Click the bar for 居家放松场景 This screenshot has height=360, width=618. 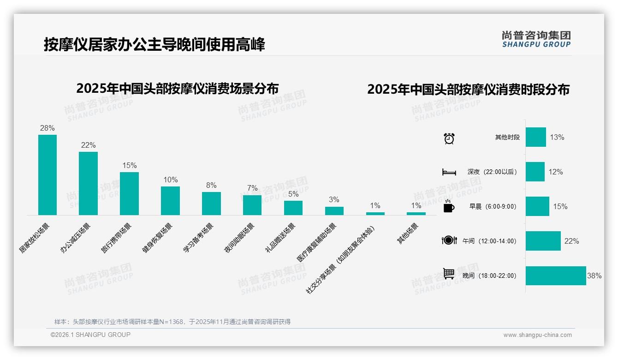click(47, 175)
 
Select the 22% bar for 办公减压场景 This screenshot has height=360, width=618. click(88, 183)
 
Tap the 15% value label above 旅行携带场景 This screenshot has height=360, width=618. click(129, 165)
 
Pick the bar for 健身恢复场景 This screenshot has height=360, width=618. click(170, 201)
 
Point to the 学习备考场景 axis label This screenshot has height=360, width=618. click(198, 237)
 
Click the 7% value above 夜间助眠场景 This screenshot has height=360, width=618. click(252, 188)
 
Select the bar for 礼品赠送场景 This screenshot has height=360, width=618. click(293, 208)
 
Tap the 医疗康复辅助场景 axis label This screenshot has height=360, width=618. click(317, 242)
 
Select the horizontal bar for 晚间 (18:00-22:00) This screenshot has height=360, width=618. click(556, 276)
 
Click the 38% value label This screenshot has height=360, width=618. click(594, 276)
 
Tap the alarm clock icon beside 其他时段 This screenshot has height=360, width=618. click(449, 138)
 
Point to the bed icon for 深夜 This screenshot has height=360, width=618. click(449, 172)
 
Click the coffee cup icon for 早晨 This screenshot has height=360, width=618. click(449, 207)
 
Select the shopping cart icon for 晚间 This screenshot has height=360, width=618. click(449, 274)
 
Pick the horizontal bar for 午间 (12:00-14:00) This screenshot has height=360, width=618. click(543, 241)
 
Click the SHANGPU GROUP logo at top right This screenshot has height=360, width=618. click(536, 39)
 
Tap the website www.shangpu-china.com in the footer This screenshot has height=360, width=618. click(537, 335)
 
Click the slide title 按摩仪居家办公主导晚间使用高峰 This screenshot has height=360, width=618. click(154, 45)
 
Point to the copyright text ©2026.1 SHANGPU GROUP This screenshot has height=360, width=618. click(90, 335)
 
